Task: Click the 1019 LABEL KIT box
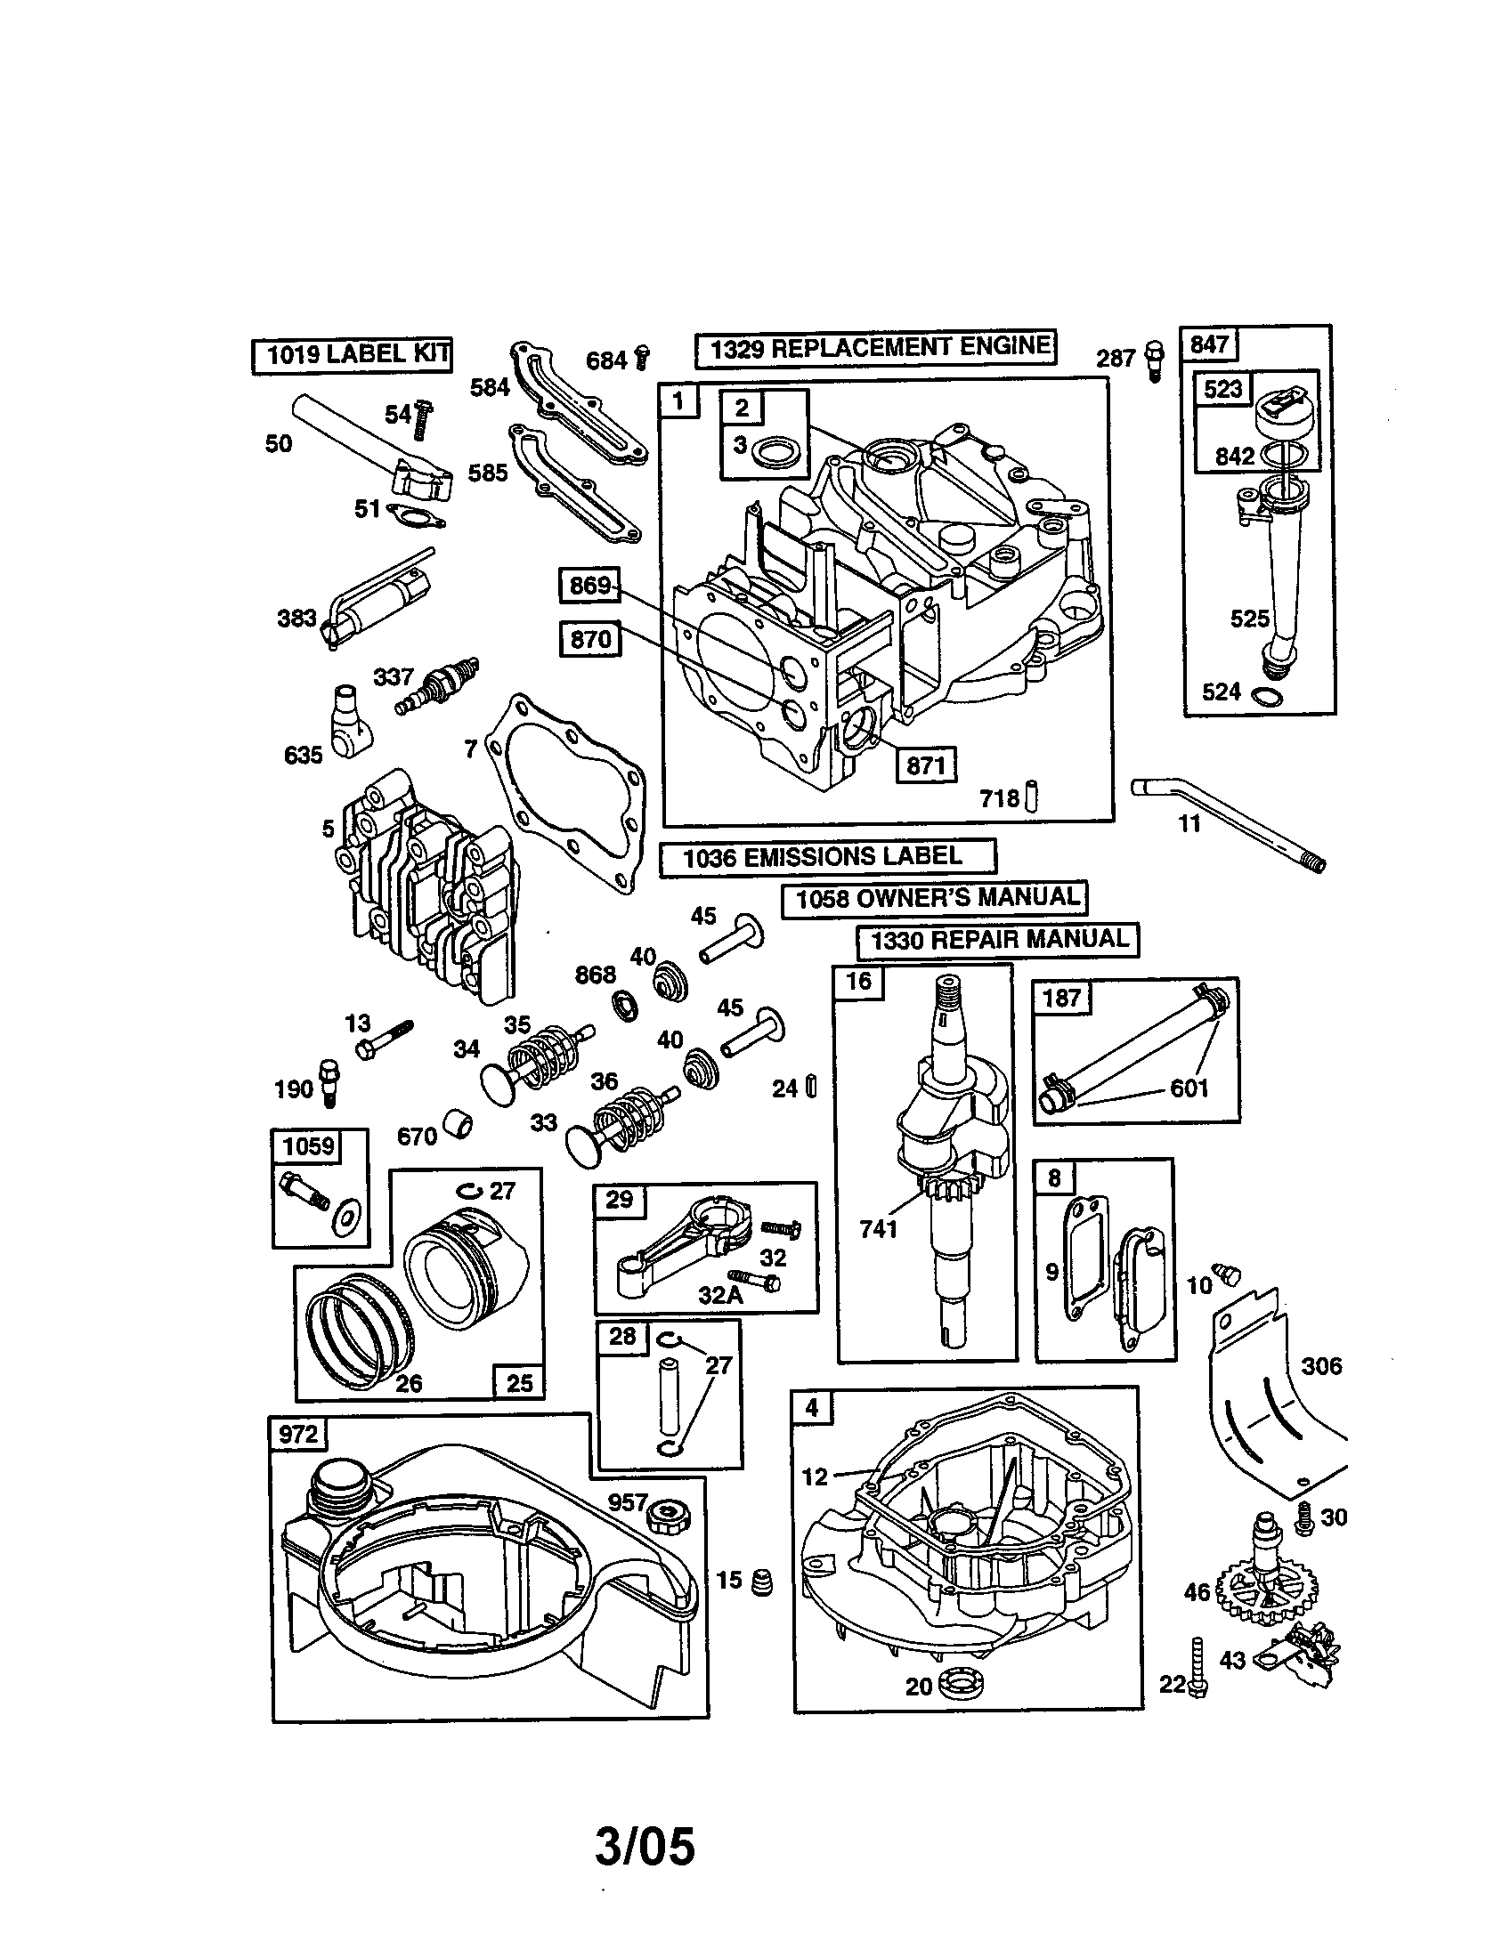pos(351,354)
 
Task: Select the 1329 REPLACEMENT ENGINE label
pos(875,348)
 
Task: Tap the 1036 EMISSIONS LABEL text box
pos(827,857)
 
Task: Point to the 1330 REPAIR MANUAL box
pos(997,941)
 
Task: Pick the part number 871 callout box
pos(926,765)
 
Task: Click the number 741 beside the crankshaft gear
pos(878,1229)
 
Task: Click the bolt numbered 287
pos(1154,361)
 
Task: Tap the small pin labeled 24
pos(810,1087)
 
